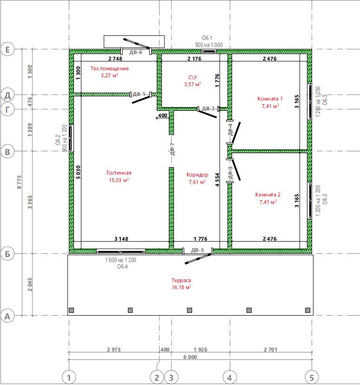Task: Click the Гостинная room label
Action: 119,173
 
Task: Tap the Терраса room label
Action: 181,280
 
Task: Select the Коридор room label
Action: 197,175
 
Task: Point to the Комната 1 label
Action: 270,99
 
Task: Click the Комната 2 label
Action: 268,195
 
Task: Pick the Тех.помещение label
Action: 109,68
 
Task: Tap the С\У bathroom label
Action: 193,77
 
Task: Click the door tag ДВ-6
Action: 136,52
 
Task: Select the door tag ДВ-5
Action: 197,250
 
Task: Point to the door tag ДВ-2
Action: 208,108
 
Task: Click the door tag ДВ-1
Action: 139,94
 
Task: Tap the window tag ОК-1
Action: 207,38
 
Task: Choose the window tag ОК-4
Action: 122,267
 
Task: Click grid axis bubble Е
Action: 7,50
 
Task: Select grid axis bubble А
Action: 7,316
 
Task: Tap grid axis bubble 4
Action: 230,378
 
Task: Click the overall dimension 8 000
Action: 190,357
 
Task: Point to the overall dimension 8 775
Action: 19,182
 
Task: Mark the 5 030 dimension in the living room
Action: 78,172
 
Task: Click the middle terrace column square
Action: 190,310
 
